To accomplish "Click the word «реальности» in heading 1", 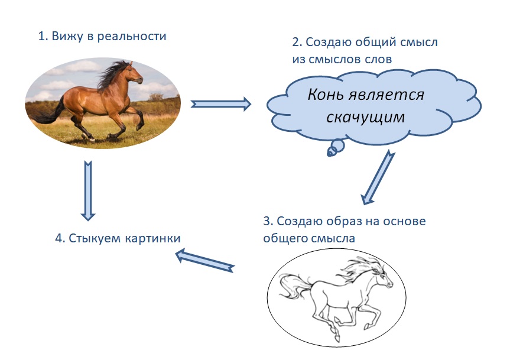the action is click(132, 37).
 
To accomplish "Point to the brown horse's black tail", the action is click(48, 112).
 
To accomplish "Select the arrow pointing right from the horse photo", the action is click(221, 104).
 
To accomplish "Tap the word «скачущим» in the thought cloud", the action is click(365, 118).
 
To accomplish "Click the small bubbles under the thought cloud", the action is click(335, 148).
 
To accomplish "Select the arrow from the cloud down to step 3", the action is click(378, 177).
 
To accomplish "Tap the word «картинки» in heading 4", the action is click(153, 238).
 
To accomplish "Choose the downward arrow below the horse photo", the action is click(88, 191).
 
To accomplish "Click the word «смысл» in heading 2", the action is click(418, 43).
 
